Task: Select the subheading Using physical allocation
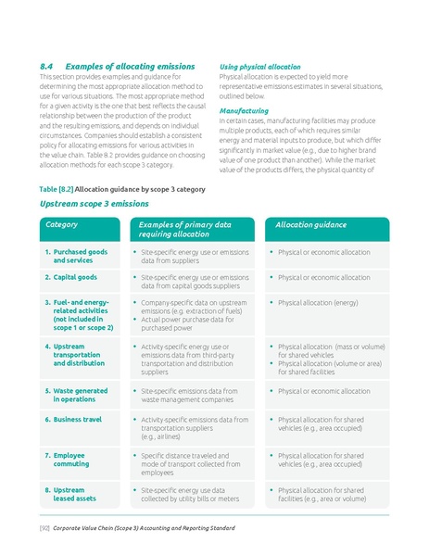click(259, 67)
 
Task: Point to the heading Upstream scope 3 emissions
click(94, 204)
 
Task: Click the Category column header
click(61, 225)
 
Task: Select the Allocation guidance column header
click(311, 225)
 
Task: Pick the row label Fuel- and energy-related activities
click(82, 315)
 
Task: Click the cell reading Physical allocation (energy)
click(318, 303)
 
